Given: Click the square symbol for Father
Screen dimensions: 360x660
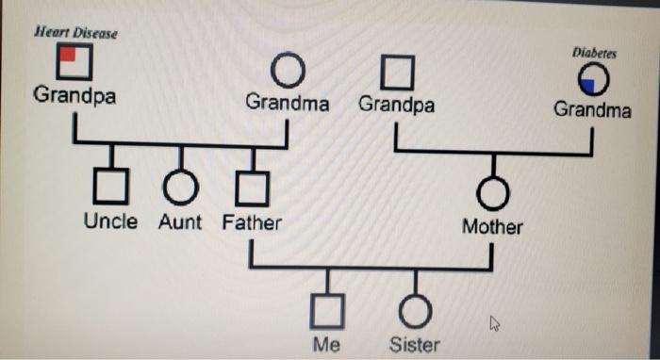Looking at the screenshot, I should pyautogui.click(x=252, y=189).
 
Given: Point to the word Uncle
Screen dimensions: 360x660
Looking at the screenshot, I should pyautogui.click(x=110, y=222).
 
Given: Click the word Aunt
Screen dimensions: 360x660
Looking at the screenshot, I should pyautogui.click(x=180, y=223).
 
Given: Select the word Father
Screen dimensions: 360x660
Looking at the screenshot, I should pyautogui.click(x=252, y=223).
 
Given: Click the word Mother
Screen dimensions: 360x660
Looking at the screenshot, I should pyautogui.click(x=492, y=227).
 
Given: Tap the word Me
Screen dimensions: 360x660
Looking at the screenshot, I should pyautogui.click(x=326, y=344).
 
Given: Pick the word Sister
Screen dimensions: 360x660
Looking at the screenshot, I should pyautogui.click(x=415, y=344).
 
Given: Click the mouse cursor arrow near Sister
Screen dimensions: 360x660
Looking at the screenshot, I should pyautogui.click(x=494, y=324).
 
